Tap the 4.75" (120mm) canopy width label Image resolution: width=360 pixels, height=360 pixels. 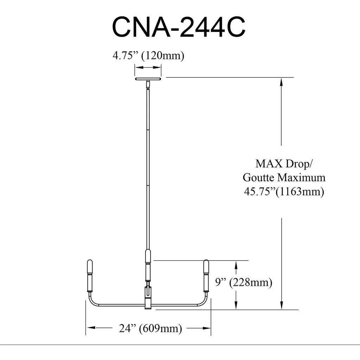(x=148, y=56)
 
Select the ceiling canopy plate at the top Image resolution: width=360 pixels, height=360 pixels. (x=148, y=79)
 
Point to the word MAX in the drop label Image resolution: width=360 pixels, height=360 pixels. (x=269, y=164)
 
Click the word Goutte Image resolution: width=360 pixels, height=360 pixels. (x=258, y=178)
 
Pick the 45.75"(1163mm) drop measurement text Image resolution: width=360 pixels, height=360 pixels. (x=284, y=192)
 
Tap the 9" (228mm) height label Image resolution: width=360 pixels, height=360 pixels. (x=244, y=282)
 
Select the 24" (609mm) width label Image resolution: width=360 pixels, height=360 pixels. (x=150, y=328)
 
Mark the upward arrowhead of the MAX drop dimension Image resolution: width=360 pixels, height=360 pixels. (x=282, y=82)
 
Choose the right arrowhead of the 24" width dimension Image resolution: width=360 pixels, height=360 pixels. (x=206, y=328)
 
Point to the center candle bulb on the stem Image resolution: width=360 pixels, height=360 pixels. (x=148, y=256)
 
